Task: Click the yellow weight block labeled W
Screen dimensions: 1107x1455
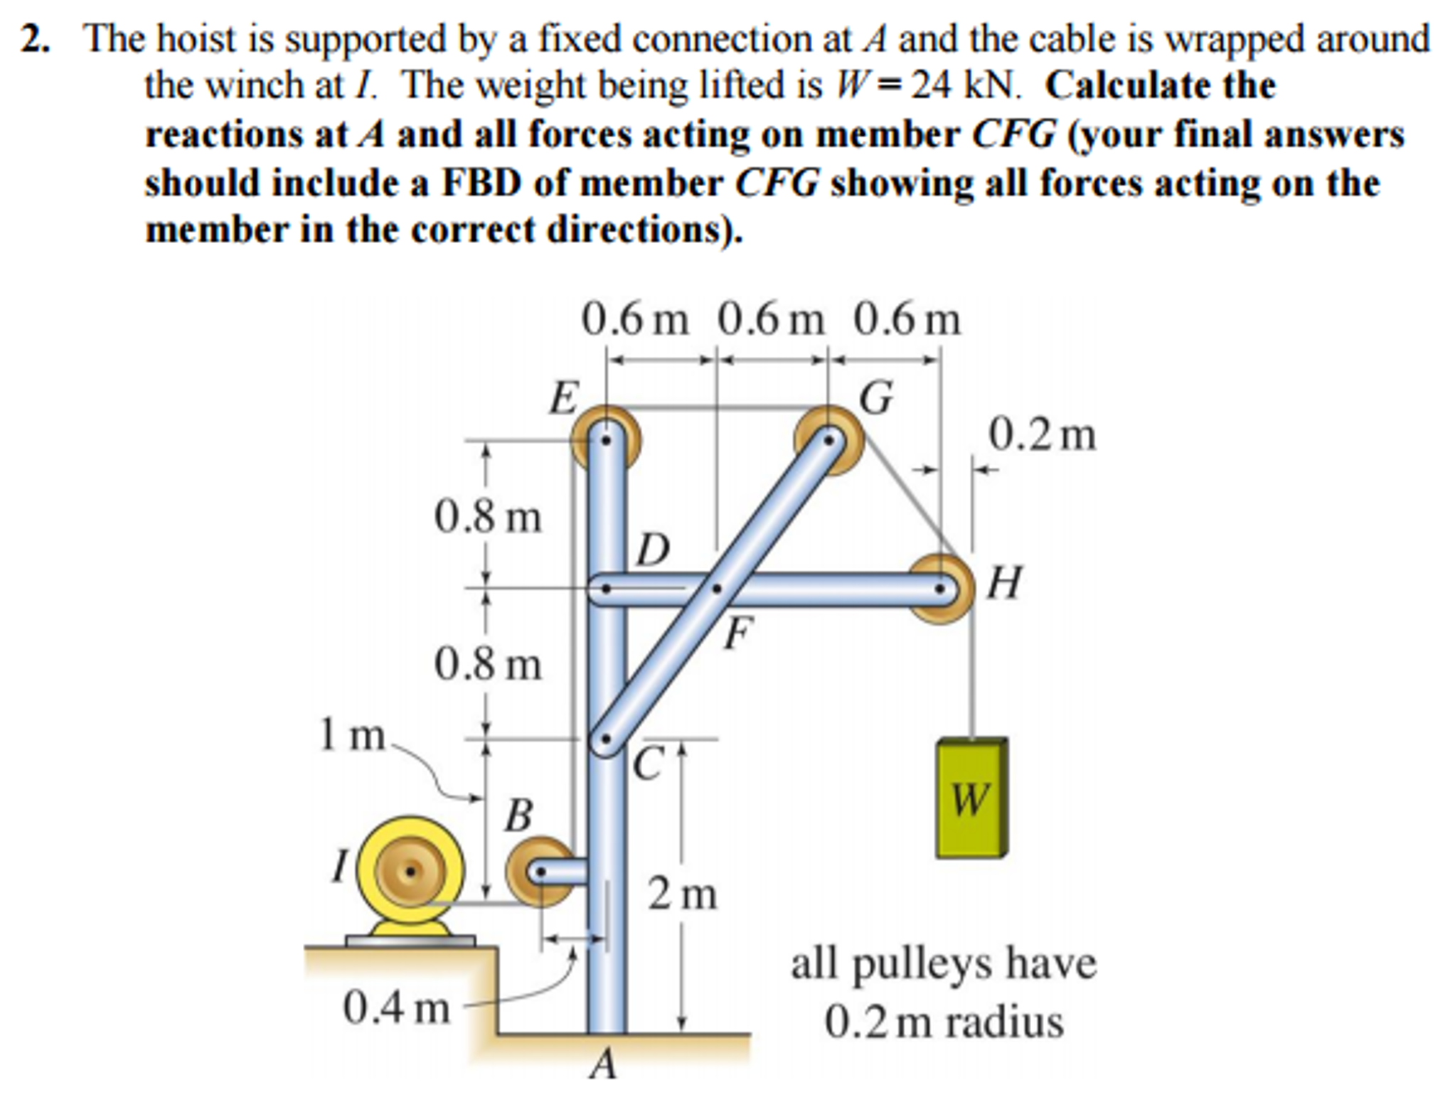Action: coord(971,798)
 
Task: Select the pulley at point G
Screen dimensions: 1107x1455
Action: coord(828,440)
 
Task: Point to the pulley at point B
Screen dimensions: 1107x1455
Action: coord(540,871)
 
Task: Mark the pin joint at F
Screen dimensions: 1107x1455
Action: coord(717,589)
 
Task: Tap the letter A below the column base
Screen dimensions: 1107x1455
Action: coord(604,1064)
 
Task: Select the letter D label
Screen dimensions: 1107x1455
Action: coord(654,549)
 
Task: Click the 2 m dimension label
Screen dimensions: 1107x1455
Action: coord(682,894)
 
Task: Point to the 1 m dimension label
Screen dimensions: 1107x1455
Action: coord(351,734)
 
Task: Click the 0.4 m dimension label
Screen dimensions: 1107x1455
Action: coord(396,1008)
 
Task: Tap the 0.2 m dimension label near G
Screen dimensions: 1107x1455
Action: coord(1042,435)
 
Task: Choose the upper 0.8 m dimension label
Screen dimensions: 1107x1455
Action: coord(488,517)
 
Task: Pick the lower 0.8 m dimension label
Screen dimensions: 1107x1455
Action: coord(488,665)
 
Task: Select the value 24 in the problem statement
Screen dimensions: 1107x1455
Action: coord(932,85)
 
